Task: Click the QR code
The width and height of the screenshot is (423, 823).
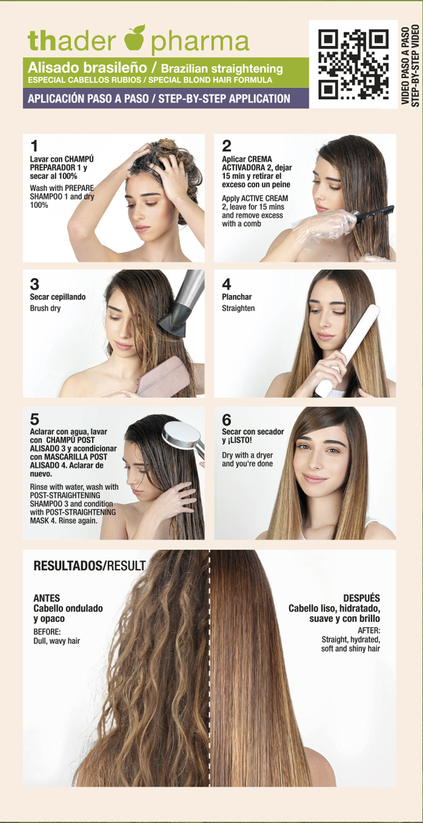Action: click(x=353, y=65)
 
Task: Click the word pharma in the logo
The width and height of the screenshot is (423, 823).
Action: click(x=200, y=42)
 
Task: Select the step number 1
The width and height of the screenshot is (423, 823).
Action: click(x=34, y=146)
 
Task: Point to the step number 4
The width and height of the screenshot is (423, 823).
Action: click(x=226, y=284)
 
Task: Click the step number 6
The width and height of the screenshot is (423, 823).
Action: click(x=227, y=420)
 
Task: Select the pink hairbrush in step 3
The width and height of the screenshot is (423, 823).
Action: click(x=163, y=376)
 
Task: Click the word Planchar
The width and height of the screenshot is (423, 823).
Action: click(x=237, y=297)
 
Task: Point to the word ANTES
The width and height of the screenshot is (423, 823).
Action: click(x=47, y=598)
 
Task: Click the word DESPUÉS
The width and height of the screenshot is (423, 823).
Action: click(x=361, y=598)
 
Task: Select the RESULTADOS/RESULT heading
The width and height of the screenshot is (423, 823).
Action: click(x=90, y=566)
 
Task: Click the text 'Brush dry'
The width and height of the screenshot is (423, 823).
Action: click(x=45, y=308)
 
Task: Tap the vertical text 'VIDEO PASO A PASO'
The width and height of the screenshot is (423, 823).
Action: click(x=405, y=66)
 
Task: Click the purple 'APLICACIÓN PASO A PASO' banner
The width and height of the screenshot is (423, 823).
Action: click(x=165, y=98)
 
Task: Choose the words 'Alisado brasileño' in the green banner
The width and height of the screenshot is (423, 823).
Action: click(x=87, y=67)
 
